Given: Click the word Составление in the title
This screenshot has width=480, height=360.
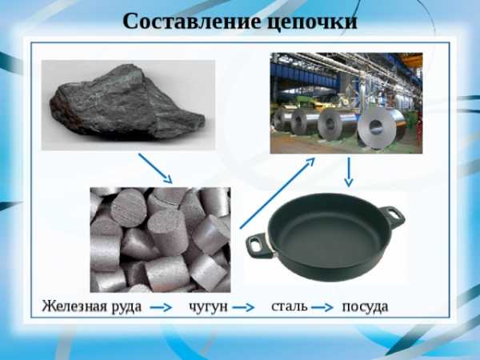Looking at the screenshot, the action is tap(192, 22).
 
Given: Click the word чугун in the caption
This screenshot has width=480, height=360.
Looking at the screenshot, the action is tap(208, 307).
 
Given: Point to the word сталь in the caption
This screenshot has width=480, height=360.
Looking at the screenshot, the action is tap(290, 306).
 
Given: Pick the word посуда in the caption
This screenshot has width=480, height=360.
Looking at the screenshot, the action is tap(365, 307).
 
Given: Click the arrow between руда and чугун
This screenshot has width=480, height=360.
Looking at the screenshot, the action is tap(161, 307).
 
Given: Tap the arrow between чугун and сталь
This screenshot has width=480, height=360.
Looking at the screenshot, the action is tap(243, 307).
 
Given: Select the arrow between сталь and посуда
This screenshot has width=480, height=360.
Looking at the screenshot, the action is tap(322, 307).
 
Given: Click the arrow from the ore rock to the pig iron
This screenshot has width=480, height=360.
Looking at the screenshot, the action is tap(155, 168).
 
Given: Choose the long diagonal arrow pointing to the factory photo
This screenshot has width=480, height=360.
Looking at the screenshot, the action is tap(278, 193).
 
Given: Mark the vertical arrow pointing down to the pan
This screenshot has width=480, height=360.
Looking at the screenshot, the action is tap(349, 172).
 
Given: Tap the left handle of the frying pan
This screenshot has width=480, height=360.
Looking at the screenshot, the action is tap(258, 246).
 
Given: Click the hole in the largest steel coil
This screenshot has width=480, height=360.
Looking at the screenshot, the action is tap(376, 126).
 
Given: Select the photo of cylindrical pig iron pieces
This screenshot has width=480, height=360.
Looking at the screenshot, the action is tap(160, 240).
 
